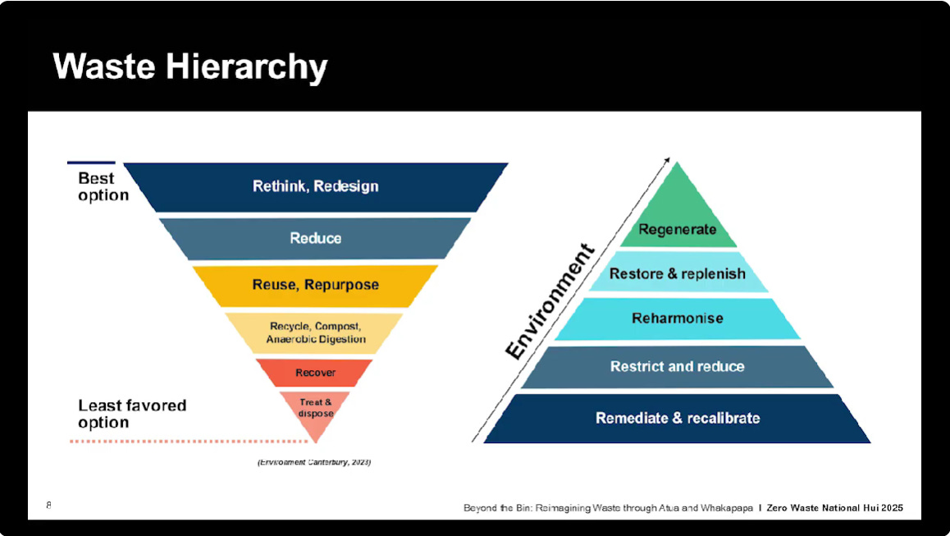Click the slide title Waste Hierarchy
(x=190, y=66)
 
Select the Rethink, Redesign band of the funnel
(x=316, y=186)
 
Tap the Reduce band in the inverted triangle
(x=316, y=238)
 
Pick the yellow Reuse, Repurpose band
(x=316, y=285)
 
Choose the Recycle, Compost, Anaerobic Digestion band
(x=316, y=332)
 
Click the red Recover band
(x=316, y=373)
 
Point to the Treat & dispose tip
(x=316, y=407)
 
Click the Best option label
(x=103, y=186)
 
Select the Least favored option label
(x=131, y=414)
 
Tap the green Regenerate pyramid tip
(x=678, y=222)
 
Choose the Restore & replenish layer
(x=678, y=273)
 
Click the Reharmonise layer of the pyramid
(x=678, y=318)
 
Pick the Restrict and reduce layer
(x=678, y=366)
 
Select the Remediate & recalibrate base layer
(x=678, y=418)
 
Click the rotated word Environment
(x=550, y=302)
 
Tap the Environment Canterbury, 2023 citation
(x=314, y=463)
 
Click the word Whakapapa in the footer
(x=724, y=508)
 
